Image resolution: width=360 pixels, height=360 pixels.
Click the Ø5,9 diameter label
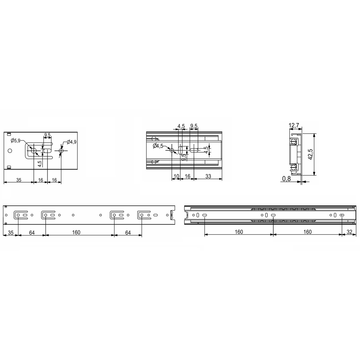(x=15, y=141)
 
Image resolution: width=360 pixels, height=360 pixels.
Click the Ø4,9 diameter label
(x=71, y=142)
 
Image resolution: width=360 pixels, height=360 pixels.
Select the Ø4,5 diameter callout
(x=158, y=146)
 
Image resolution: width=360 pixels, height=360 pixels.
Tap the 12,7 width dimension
(x=294, y=125)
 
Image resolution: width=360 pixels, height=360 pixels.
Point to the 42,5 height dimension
(x=310, y=154)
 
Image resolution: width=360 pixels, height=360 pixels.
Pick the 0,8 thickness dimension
(x=286, y=179)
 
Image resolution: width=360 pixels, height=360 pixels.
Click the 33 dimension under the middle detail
(x=208, y=176)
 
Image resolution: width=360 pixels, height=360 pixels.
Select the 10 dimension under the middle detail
(x=176, y=176)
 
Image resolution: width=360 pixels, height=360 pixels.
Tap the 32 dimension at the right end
(x=349, y=232)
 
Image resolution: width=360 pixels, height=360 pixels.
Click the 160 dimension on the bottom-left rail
(x=76, y=232)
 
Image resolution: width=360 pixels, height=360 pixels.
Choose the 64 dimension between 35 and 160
(x=32, y=233)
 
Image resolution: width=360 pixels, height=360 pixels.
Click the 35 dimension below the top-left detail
(x=19, y=180)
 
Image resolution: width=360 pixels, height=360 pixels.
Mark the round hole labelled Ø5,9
(x=34, y=151)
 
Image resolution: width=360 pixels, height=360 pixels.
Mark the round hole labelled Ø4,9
(x=61, y=151)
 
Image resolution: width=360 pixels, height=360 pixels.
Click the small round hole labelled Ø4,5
(x=172, y=150)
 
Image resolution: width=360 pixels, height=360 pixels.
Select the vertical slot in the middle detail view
(x=181, y=150)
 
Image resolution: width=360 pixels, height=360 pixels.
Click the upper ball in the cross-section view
(x=293, y=141)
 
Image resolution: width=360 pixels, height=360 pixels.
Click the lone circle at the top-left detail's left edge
(x=10, y=150)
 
